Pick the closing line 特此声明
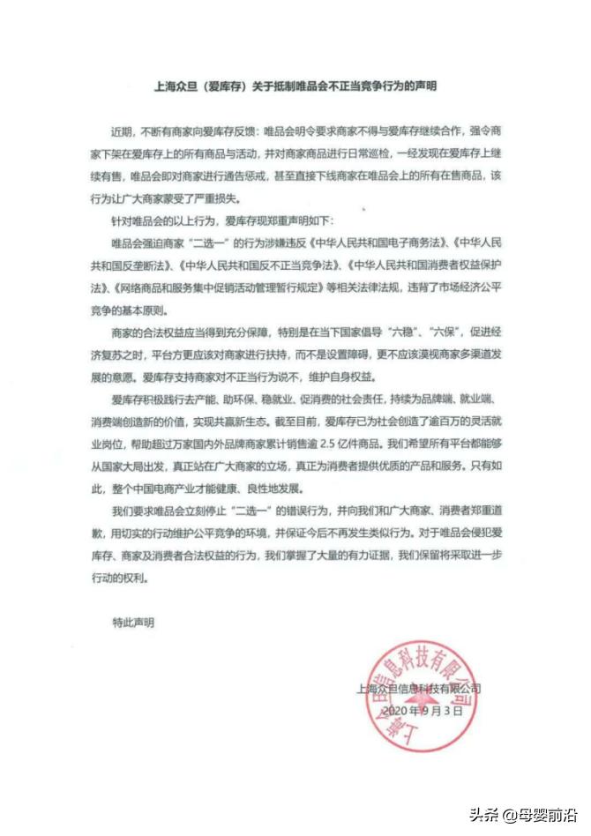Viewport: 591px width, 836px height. (131, 623)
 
